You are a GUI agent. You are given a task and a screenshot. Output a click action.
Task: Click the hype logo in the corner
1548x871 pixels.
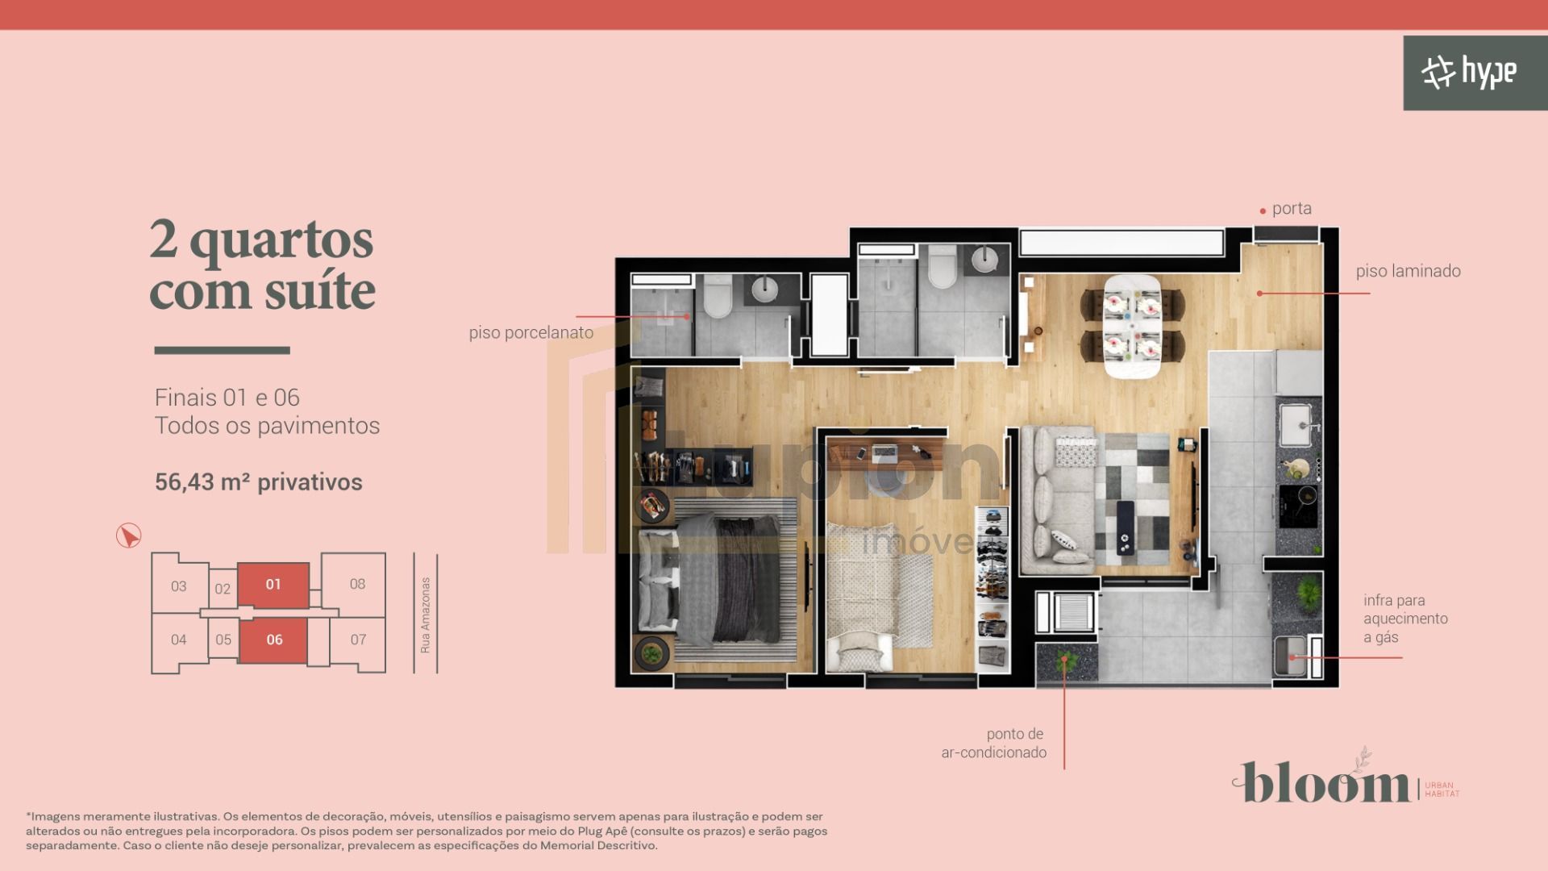click(1468, 73)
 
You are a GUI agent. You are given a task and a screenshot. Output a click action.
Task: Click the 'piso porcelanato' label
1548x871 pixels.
click(531, 332)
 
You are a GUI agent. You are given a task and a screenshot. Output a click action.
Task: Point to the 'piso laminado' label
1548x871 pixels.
click(1408, 271)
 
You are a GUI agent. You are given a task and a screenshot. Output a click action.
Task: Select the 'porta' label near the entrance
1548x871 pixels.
click(1291, 209)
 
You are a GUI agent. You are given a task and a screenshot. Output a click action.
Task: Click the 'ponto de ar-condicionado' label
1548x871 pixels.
click(994, 743)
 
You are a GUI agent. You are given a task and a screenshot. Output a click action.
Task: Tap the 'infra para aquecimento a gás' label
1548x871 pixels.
click(1404, 619)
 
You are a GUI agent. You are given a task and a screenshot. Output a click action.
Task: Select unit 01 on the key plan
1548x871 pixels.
click(273, 584)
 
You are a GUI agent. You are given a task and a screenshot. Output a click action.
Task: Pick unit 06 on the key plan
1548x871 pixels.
click(274, 640)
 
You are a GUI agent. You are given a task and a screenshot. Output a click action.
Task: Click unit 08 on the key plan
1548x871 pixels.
click(357, 583)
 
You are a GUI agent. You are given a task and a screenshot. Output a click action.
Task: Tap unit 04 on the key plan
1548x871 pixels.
click(178, 640)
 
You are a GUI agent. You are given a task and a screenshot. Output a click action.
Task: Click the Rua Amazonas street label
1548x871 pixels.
click(426, 615)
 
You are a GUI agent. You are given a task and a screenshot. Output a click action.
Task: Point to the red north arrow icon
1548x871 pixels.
click(128, 536)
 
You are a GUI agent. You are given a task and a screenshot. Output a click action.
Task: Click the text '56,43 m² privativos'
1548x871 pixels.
click(258, 482)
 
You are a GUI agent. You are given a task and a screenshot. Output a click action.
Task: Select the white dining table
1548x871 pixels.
click(1132, 326)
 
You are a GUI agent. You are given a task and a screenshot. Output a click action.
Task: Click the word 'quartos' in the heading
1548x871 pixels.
click(281, 240)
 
